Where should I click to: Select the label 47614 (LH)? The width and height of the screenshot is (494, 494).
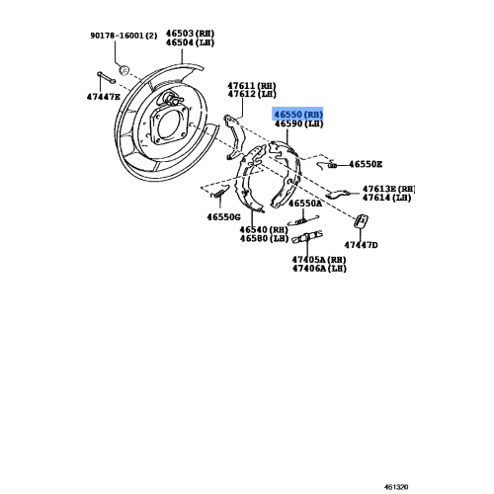[x=387, y=200]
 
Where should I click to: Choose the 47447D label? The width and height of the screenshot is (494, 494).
[x=362, y=244]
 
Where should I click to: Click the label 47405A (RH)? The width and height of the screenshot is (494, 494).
[x=318, y=258]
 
